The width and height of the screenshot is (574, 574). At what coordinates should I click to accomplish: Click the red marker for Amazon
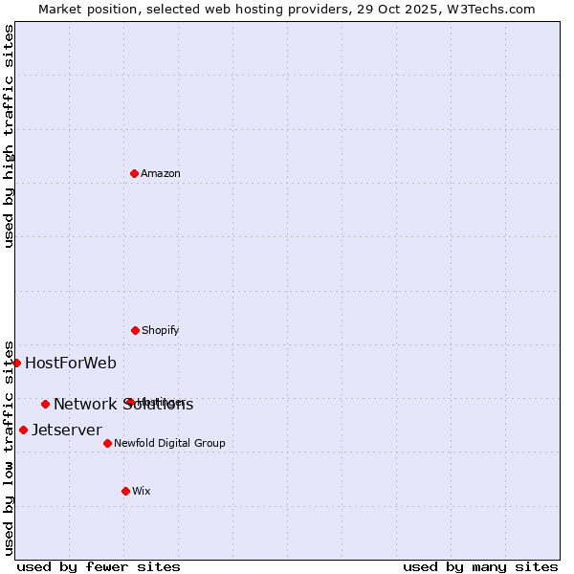134,173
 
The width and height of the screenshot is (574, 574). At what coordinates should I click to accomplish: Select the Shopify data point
135,330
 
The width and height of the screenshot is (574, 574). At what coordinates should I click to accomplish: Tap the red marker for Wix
125,491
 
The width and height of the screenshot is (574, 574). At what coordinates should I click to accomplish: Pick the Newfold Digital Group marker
107,443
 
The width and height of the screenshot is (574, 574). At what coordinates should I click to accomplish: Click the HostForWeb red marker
16,363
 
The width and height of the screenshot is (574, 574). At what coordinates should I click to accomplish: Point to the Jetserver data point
23,430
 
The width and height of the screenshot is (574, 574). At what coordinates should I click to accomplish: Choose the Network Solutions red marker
45,404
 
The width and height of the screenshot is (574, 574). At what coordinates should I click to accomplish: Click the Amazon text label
161,173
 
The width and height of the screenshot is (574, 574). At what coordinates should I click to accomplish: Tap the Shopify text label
160,330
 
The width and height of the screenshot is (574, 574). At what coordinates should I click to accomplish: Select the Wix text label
141,491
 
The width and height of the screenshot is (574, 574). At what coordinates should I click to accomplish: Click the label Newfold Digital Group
169,443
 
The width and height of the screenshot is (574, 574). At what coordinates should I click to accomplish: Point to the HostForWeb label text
71,363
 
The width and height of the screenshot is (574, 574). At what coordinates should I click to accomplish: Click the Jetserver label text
67,430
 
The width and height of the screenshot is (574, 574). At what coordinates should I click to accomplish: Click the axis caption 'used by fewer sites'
99,566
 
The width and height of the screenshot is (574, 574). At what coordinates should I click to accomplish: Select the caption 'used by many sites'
480,566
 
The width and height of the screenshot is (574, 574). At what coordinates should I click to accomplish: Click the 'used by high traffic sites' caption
9,136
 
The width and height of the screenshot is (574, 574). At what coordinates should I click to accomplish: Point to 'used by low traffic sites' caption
9,448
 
